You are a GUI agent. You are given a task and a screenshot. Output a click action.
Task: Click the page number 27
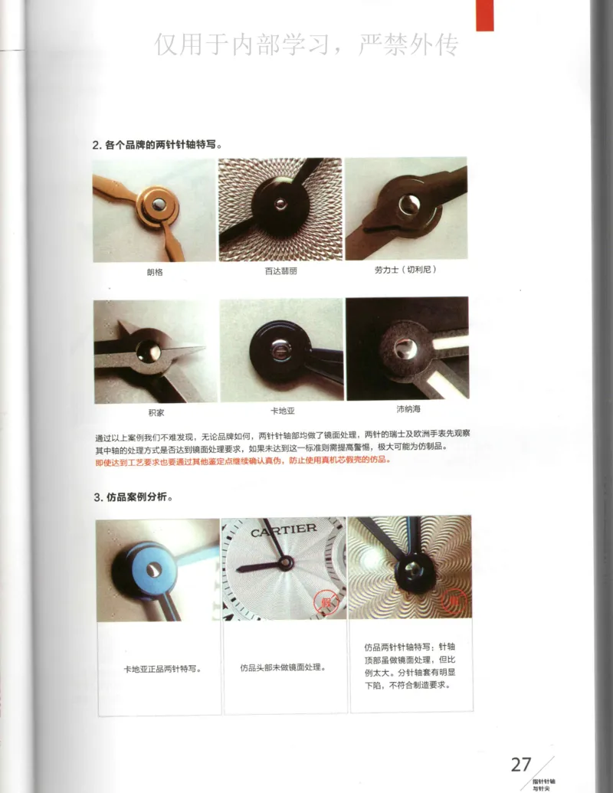521,764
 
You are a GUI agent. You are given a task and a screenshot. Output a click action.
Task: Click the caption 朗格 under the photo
155,272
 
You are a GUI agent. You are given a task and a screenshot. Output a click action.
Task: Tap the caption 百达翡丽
280,272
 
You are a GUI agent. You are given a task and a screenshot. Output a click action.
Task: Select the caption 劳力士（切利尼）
406,270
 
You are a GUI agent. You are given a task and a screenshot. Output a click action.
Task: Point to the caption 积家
156,411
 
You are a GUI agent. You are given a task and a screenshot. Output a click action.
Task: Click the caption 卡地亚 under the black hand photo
282,411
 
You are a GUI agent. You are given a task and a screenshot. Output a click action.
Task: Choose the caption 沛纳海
407,409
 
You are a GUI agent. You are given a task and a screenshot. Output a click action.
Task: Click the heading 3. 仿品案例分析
133,497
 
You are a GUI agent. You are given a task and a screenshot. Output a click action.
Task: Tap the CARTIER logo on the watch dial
284,529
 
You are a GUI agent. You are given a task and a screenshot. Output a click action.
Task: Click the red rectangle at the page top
484,15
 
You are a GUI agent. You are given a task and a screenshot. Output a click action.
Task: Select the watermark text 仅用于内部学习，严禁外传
306,44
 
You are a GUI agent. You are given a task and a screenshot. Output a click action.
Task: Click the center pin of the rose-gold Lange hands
156,203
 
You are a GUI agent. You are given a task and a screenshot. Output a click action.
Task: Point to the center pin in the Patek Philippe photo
280,204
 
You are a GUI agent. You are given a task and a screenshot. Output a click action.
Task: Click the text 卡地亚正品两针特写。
162,668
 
